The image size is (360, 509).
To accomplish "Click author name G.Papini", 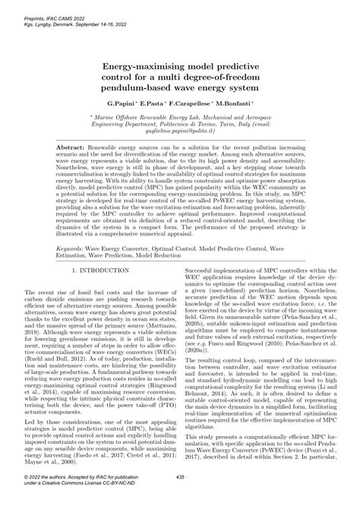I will (x=123, y=101).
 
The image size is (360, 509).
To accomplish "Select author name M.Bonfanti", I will (x=232, y=101).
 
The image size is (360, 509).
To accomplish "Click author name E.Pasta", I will (x=153, y=101).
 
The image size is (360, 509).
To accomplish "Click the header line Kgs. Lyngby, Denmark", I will (x=34, y=15).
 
